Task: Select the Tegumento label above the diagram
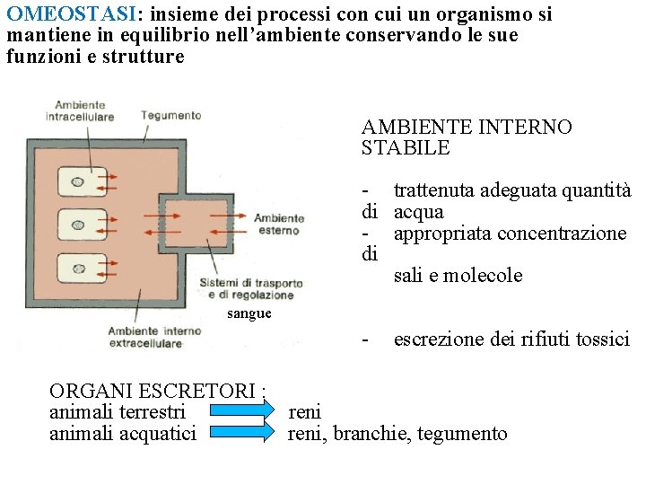170,115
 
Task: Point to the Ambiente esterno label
278,224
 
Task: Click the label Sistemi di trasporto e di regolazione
250,289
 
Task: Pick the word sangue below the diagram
249,313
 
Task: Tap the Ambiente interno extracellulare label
144,337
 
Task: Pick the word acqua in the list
419,212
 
